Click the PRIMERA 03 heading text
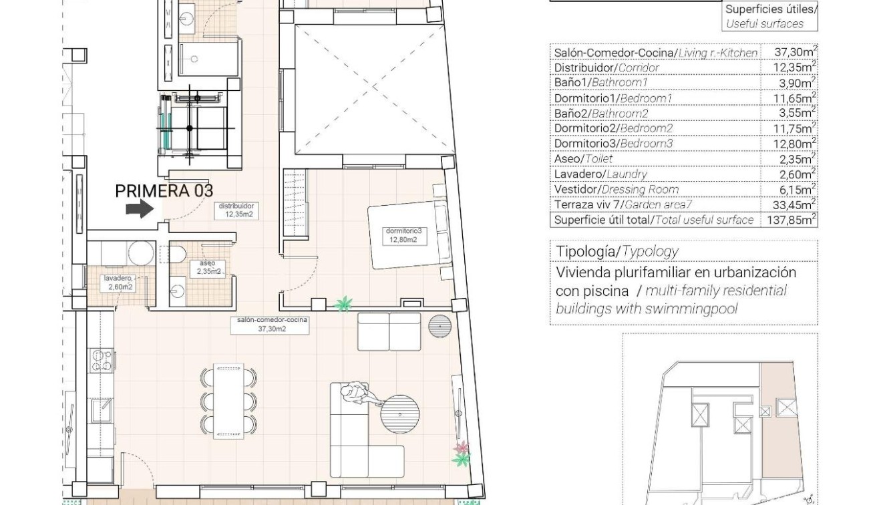click(x=164, y=190)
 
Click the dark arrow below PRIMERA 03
click(x=140, y=210)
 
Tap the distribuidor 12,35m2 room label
click(x=237, y=210)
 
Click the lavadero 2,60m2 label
click(x=117, y=283)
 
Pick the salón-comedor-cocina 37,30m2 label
click(x=271, y=324)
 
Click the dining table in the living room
click(x=228, y=401)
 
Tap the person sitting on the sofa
click(x=354, y=394)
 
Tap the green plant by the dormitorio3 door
click(x=343, y=305)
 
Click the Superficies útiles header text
click(x=770, y=9)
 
